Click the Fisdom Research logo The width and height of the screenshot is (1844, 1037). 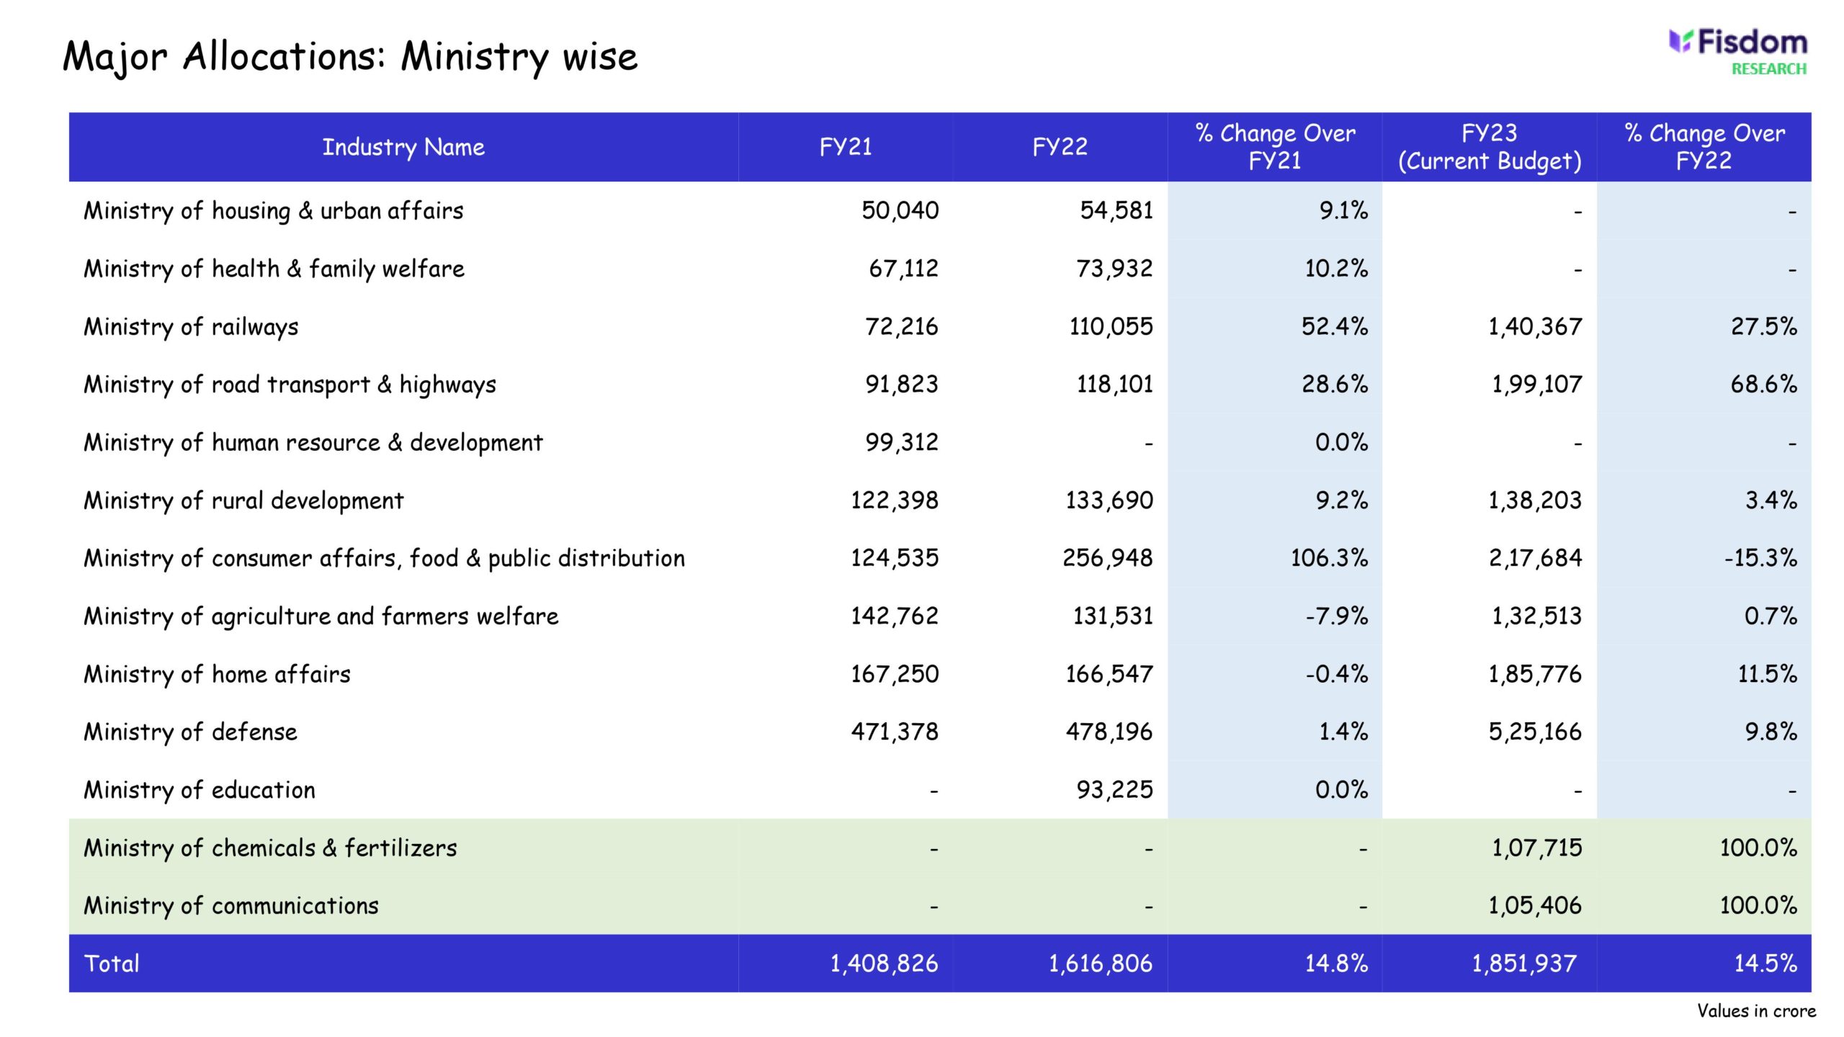point(1737,52)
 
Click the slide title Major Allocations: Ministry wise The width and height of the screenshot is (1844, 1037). point(350,57)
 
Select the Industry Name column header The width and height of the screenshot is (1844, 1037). point(403,147)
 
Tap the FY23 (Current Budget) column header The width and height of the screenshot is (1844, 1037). point(1489,147)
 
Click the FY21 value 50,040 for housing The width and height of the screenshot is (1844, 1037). point(900,210)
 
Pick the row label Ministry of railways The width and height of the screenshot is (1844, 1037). point(191,327)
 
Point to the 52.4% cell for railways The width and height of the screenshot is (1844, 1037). point(1334,327)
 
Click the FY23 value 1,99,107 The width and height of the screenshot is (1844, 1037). point(1536,385)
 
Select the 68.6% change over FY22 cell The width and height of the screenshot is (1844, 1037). point(1763,385)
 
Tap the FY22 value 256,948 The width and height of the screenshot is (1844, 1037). point(1107,558)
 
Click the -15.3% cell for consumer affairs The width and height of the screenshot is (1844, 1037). point(1760,558)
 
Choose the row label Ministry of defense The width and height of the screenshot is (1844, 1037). point(190,732)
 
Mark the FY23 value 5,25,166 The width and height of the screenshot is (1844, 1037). point(1535,732)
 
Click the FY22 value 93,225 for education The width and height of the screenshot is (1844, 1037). point(1114,790)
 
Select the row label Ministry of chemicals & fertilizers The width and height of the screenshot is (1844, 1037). point(270,848)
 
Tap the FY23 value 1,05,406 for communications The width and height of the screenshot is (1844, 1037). point(1535,906)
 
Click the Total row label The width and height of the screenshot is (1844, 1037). point(112,964)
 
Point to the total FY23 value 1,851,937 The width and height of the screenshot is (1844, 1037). point(1523,964)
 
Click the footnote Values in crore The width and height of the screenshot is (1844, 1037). point(1756,1011)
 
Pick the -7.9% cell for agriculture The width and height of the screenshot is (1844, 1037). point(1336,616)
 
